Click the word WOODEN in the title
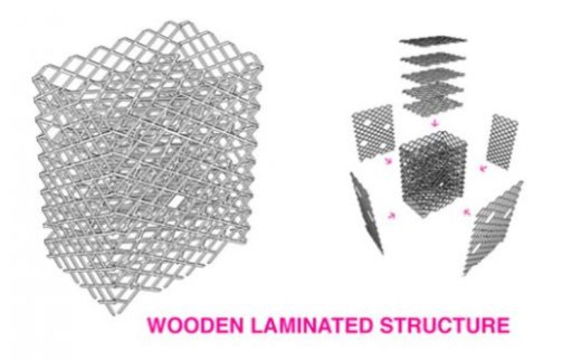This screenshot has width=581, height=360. coord(195,325)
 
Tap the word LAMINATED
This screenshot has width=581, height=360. coord(311,325)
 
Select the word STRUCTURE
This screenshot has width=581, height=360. coord(445,325)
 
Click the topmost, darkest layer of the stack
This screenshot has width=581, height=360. coord(433,40)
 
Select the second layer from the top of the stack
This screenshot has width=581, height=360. coord(433,59)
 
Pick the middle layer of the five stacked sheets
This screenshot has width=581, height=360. coord(433,75)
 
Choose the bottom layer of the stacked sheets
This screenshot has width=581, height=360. coord(433,107)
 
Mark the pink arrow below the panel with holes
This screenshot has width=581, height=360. coord(388,161)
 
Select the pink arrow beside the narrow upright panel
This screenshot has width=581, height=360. coord(483,168)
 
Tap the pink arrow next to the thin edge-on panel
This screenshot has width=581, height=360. coord(391,215)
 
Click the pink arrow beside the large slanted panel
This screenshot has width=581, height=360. coord(467,212)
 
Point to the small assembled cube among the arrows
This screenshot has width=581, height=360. coord(433,174)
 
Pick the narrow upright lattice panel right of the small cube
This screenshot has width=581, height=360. coord(502,141)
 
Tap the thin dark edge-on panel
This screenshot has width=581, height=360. coord(366,212)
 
